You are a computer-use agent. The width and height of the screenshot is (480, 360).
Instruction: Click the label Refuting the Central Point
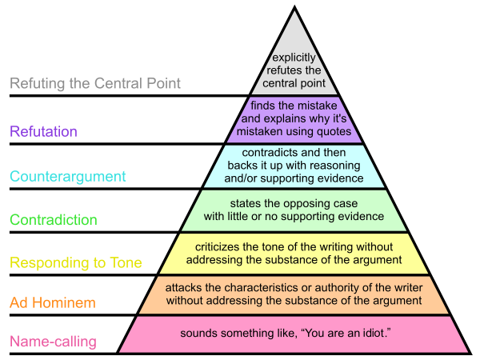[95, 83]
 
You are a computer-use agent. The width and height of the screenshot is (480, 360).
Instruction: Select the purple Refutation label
[44, 131]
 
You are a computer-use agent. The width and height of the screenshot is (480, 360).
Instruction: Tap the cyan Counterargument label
[68, 176]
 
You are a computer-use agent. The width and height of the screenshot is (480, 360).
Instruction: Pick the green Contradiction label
[54, 220]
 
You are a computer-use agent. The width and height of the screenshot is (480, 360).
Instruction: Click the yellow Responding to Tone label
[76, 262]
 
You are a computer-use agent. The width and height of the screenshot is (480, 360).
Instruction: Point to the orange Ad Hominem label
[52, 302]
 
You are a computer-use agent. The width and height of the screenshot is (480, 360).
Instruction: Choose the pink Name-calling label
[53, 342]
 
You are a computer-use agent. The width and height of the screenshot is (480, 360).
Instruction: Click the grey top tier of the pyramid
[295, 40]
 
